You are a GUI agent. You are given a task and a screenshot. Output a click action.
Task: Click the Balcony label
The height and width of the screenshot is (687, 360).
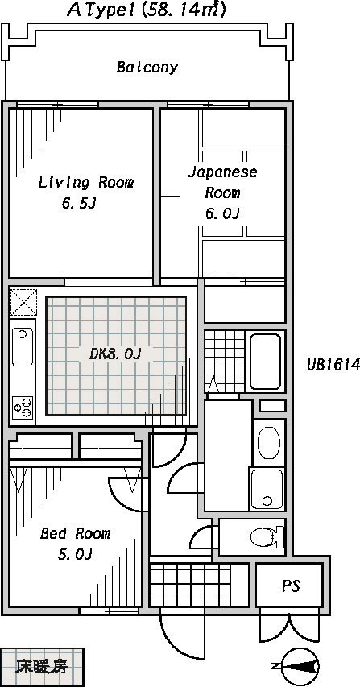pyautogui.click(x=147, y=68)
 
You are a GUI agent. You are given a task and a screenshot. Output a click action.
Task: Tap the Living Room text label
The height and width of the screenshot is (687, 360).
pyautogui.click(x=86, y=182)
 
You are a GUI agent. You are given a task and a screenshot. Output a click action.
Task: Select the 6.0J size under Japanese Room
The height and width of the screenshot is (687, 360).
pyautogui.click(x=222, y=213)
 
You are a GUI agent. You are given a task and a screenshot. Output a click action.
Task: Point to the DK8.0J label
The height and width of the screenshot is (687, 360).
pyautogui.click(x=114, y=354)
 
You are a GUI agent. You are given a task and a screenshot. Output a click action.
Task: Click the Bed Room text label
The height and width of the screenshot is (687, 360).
pyautogui.click(x=76, y=533)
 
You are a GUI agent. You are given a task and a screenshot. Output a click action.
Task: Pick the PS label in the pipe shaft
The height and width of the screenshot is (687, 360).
pyautogui.click(x=291, y=586)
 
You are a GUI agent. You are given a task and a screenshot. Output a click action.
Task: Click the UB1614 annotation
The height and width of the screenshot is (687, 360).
pyautogui.click(x=333, y=365)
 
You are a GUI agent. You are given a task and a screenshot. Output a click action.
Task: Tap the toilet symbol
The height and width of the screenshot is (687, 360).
pyautogui.click(x=264, y=536)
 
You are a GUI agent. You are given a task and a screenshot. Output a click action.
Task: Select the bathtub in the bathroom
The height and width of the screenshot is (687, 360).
pyautogui.click(x=265, y=362)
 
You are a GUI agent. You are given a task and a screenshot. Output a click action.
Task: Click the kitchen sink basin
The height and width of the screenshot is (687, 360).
pyautogui.click(x=22, y=347)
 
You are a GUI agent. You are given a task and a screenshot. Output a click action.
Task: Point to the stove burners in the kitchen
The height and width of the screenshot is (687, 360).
pyautogui.click(x=23, y=408)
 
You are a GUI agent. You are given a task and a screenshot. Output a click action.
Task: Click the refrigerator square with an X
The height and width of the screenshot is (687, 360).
pyautogui.click(x=23, y=302)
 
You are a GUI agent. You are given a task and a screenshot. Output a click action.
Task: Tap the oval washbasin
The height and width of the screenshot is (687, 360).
pyautogui.click(x=268, y=442)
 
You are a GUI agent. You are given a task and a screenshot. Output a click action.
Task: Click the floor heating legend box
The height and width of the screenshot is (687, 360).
pyautogui.click(x=42, y=667)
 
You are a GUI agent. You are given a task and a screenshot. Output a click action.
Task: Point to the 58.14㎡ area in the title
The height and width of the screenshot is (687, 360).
pyautogui.click(x=183, y=10)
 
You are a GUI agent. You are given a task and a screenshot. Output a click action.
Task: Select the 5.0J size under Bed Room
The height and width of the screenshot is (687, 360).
pyautogui.click(x=75, y=555)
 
